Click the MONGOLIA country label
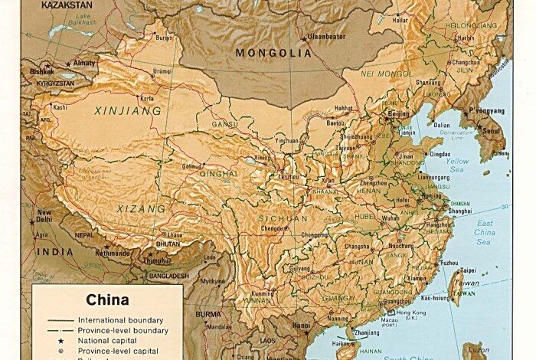(273, 53)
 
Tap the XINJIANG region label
(127, 111)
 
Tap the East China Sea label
(485, 231)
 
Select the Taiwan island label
(466, 283)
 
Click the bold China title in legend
(107, 299)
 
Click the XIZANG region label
(140, 208)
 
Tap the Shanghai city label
(461, 211)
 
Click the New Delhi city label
(44, 216)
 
